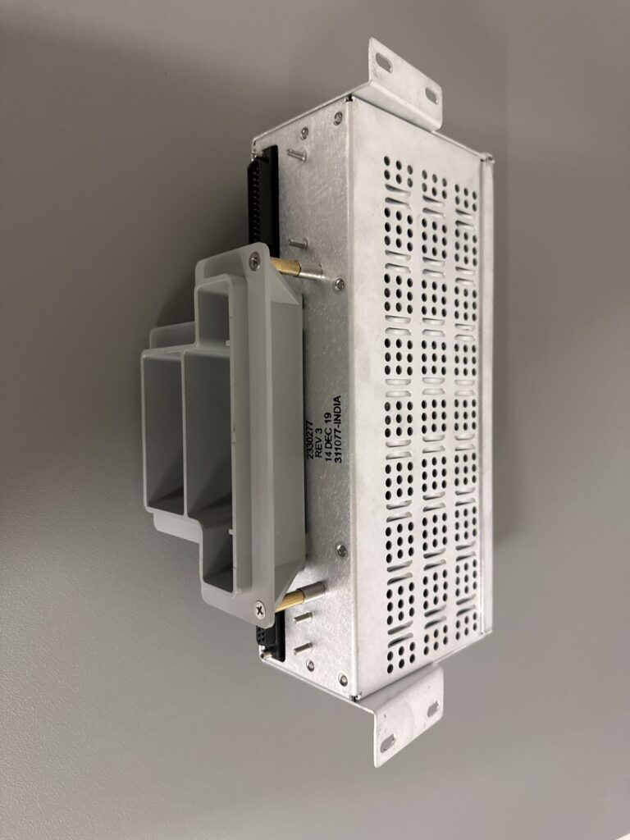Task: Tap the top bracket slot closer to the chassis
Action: [x=431, y=94]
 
